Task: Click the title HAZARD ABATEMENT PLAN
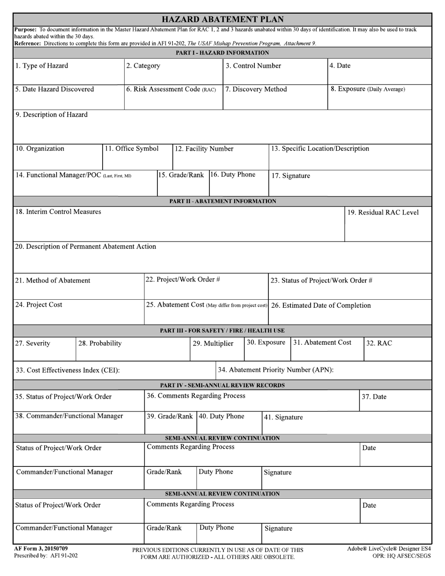coord(222,19)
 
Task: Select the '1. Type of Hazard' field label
coord(41,66)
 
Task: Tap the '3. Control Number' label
coord(253,66)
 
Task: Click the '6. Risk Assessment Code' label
coord(171,89)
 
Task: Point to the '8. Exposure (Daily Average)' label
coord(368,89)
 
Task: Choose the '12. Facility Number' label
coord(204,148)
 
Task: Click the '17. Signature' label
coord(290,176)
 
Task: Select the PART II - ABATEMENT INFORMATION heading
coord(222,201)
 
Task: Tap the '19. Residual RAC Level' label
coord(383,212)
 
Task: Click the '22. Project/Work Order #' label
coord(183,280)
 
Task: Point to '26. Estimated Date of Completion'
coord(321,305)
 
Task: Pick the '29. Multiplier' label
coord(213,343)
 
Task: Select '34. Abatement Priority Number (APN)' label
coord(276,369)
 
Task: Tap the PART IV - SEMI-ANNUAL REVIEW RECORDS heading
coord(222,385)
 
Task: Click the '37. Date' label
coord(374,397)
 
